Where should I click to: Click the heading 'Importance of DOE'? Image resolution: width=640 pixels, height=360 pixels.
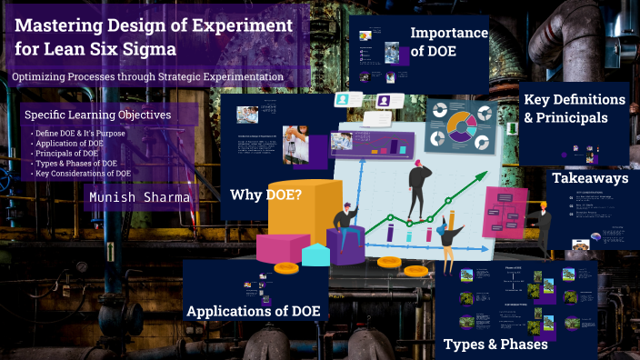pos(449,43)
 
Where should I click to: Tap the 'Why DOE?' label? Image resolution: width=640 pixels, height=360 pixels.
pos(265,194)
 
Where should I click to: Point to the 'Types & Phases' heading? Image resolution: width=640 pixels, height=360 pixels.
pos(495,344)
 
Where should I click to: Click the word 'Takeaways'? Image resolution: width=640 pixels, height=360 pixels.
pos(590,179)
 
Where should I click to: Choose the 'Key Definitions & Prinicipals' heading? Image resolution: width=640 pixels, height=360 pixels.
pos(574,108)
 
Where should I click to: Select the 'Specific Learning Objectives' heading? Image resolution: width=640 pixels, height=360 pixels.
pos(97,115)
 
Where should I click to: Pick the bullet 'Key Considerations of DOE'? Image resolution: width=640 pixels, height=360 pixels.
pos(85,173)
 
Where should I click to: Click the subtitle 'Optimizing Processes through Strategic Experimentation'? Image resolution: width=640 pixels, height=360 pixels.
pos(147,77)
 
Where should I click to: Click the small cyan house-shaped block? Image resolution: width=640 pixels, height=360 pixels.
pos(315,253)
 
